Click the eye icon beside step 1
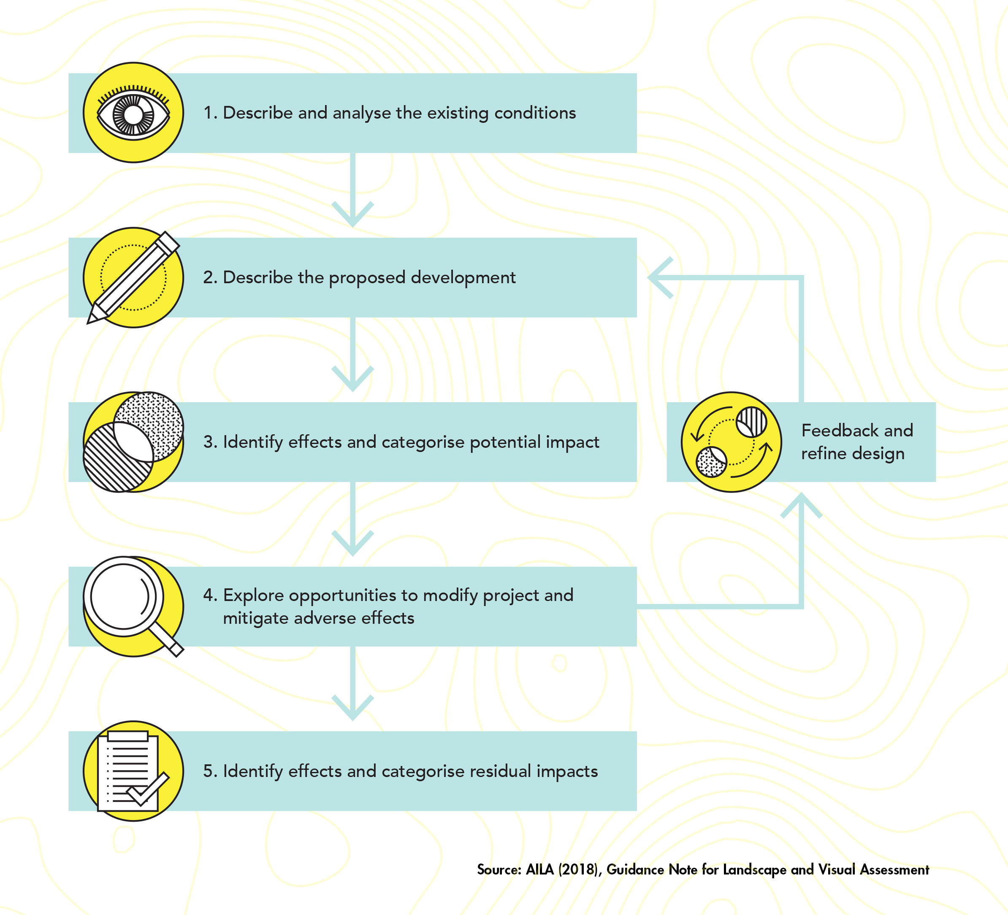coord(133,113)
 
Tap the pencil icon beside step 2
coord(133,278)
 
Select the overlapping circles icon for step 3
coord(133,442)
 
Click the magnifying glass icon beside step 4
coord(133,606)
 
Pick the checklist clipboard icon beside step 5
coord(133,771)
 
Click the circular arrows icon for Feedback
coord(732,442)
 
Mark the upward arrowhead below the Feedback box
coord(802,505)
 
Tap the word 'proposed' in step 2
coord(367,278)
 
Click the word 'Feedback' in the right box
coord(840,430)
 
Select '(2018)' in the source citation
coord(578,869)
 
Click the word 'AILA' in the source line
coord(540,869)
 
